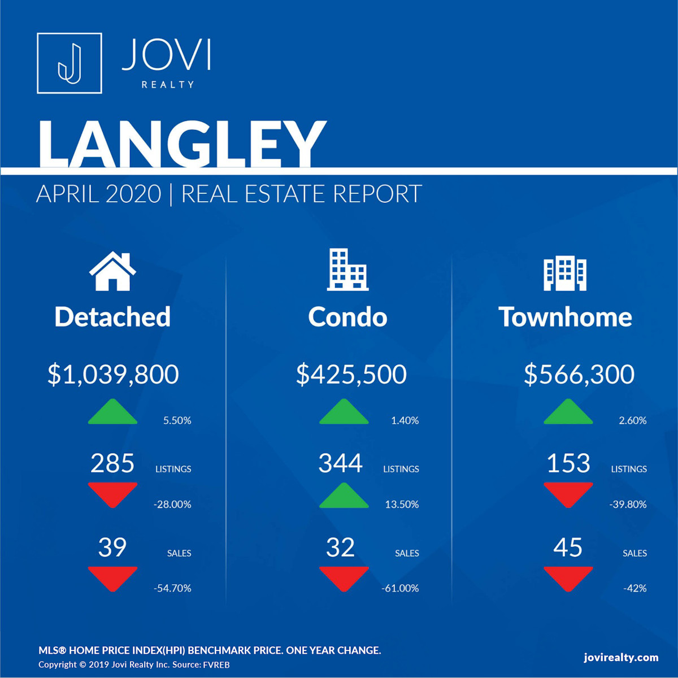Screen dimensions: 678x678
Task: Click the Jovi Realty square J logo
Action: click(69, 63)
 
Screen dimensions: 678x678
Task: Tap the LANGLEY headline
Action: click(181, 144)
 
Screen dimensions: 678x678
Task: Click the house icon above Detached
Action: click(112, 271)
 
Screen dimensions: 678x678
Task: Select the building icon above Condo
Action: click(347, 270)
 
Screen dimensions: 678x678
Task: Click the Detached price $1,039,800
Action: click(113, 374)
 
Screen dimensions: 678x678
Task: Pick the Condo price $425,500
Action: click(351, 374)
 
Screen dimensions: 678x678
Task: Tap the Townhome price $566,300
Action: click(579, 374)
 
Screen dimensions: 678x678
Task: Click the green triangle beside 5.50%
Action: click(112, 412)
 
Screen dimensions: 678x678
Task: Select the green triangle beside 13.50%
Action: click(344, 497)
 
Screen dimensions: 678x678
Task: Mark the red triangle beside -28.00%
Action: click(112, 494)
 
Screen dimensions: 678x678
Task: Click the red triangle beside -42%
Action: click(568, 578)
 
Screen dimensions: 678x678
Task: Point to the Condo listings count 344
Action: click(340, 463)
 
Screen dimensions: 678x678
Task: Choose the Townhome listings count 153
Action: click(568, 463)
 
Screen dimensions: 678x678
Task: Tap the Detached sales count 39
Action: click(112, 547)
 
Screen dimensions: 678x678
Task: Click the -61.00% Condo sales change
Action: click(400, 588)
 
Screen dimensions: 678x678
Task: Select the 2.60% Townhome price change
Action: click(632, 420)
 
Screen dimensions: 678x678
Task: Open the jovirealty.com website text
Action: click(621, 657)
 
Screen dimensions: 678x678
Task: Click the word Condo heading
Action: click(347, 317)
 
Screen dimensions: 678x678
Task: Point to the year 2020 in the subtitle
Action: click(133, 194)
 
